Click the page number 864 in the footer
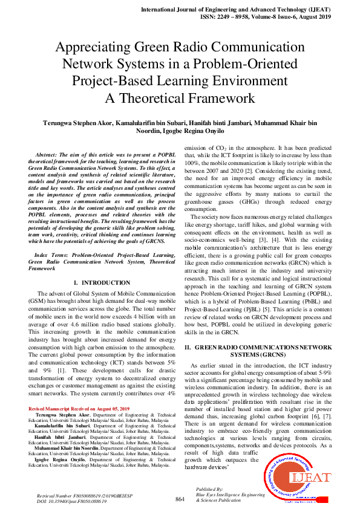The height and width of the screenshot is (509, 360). [180, 499]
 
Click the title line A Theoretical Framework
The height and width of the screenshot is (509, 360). [180, 97]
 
